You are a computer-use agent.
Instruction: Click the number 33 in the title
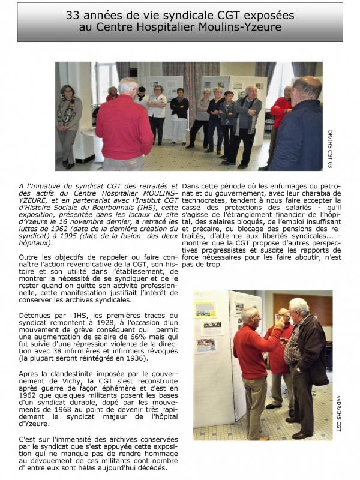(74, 15)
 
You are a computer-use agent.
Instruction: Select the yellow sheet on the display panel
(205, 310)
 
